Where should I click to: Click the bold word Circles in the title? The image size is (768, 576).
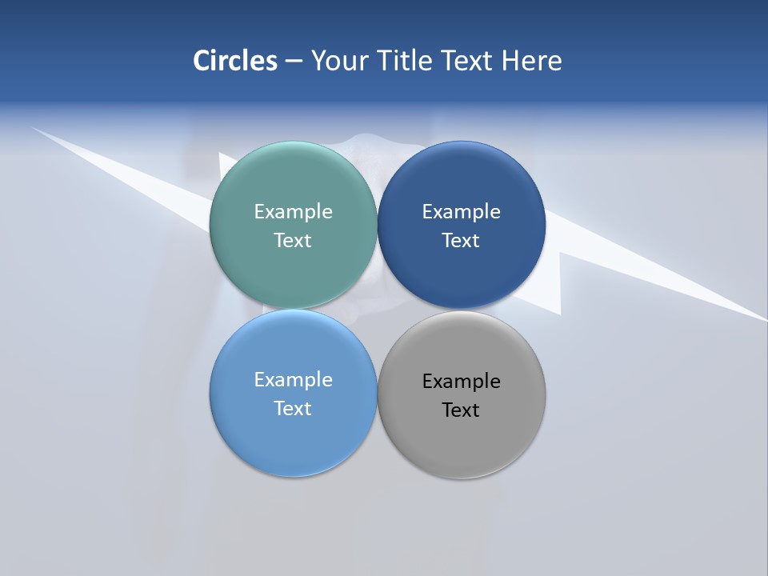[x=234, y=61]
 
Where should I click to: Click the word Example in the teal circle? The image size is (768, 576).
[x=293, y=211]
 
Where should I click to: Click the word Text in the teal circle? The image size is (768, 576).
[x=293, y=240]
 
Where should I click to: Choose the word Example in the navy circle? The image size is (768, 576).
[x=461, y=211]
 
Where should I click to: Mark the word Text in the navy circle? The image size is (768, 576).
[x=461, y=240]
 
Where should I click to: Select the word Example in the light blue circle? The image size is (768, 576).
[x=293, y=379]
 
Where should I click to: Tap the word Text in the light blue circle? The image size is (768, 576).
[x=293, y=408]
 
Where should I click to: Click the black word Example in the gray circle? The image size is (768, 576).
[x=461, y=381]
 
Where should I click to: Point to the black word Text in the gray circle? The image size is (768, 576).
[x=461, y=410]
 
